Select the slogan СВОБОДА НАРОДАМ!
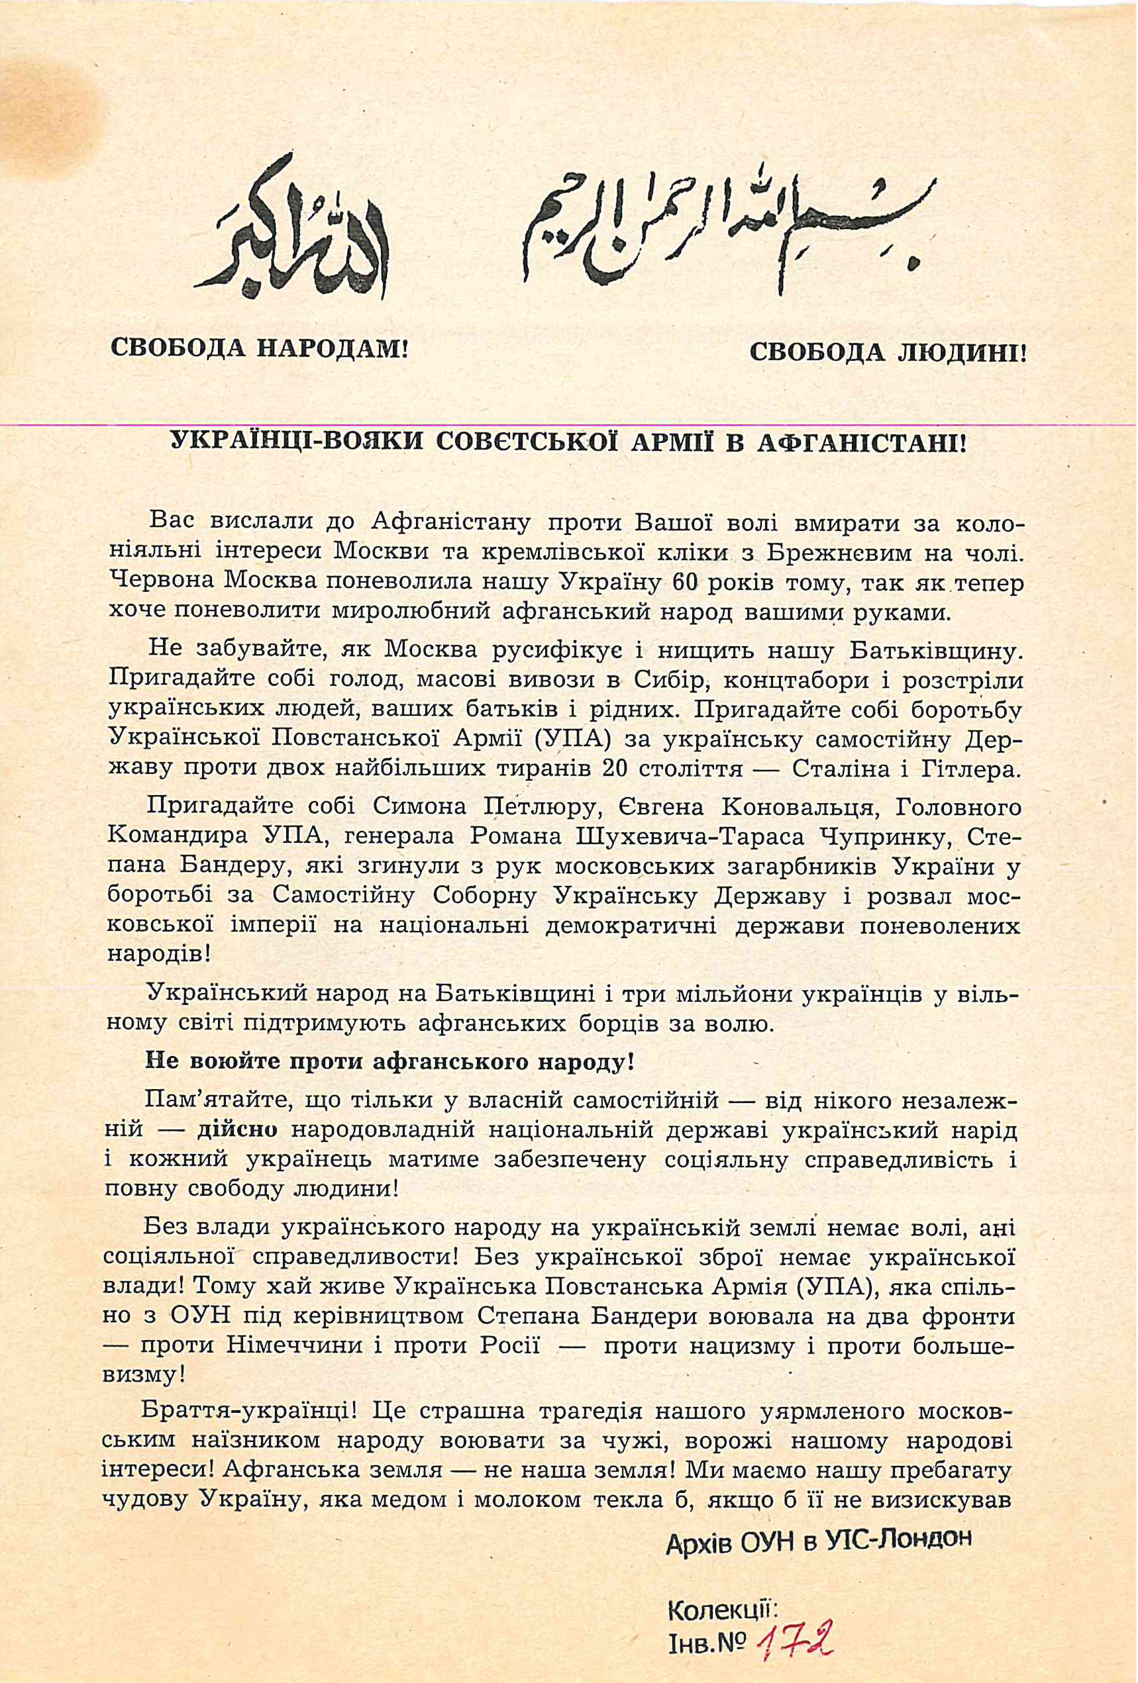[x=259, y=348]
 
